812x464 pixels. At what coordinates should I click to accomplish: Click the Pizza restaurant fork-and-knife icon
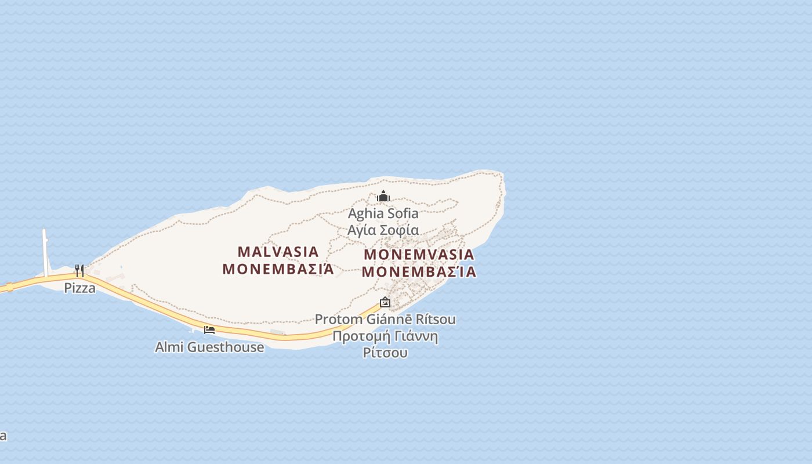(x=79, y=270)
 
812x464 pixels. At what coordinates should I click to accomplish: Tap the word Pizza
(x=79, y=288)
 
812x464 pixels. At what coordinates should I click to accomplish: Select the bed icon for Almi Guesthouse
(x=209, y=329)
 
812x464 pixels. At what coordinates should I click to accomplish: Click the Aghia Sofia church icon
(x=383, y=197)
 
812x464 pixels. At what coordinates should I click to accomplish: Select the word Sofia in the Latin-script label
(x=403, y=213)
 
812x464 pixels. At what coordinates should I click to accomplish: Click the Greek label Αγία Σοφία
(x=383, y=230)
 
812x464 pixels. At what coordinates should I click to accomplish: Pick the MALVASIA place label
(x=278, y=252)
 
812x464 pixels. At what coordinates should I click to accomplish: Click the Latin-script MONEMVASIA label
(x=419, y=255)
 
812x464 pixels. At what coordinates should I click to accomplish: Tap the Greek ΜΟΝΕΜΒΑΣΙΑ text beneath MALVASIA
(x=278, y=269)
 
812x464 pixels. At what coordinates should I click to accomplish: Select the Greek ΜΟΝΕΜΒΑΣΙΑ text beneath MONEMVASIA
(x=419, y=271)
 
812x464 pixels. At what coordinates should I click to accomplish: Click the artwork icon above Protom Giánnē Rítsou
(x=385, y=302)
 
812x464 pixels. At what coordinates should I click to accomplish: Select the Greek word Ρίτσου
(x=385, y=353)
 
